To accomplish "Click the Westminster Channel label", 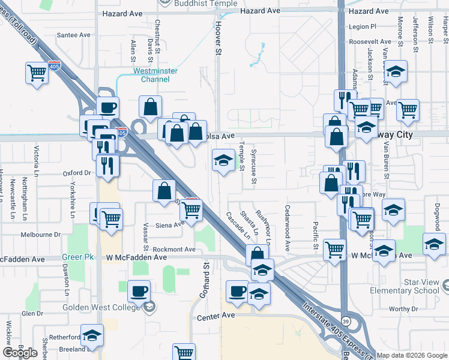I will (155, 75).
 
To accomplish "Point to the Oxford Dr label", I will (76, 173).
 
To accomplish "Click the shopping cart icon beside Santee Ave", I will (37, 73).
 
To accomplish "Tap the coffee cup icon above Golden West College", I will (139, 292).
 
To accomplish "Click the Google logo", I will (20, 353).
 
